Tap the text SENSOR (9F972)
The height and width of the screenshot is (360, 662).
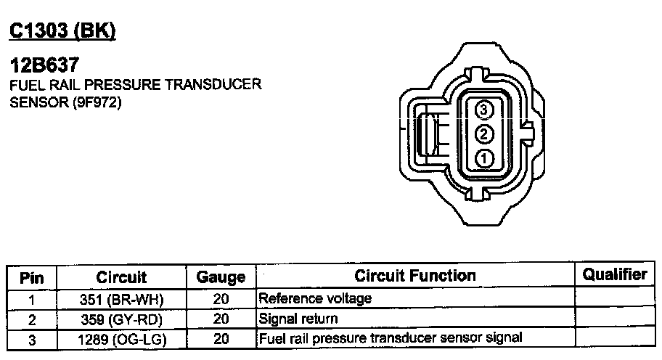click(66, 102)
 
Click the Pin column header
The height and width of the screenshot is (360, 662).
click(32, 277)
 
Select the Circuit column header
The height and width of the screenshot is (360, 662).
click(122, 277)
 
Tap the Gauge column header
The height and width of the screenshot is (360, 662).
click(221, 277)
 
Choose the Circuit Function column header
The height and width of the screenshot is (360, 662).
click(415, 276)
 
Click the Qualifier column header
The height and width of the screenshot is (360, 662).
click(614, 274)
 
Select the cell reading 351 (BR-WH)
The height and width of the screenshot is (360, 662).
click(122, 298)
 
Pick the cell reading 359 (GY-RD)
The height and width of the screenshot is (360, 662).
click(122, 319)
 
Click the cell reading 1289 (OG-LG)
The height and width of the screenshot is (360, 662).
click(122, 338)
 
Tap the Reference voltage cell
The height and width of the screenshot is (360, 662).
click(315, 298)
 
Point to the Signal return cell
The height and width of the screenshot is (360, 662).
click(298, 319)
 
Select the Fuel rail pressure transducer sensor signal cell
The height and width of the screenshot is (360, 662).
click(391, 338)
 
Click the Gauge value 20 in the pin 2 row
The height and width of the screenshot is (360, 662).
click(221, 319)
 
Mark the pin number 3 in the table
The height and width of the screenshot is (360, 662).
click(32, 339)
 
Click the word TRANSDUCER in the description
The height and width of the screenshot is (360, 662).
click(213, 86)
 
